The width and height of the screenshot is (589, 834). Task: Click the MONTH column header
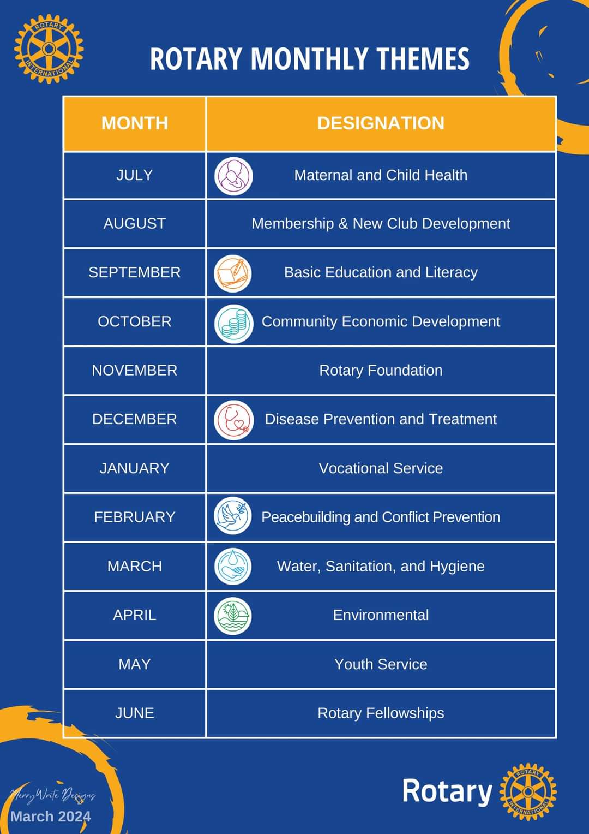click(x=134, y=123)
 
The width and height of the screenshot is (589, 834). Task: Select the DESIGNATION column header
click(x=381, y=123)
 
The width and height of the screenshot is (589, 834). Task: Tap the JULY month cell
click(x=134, y=175)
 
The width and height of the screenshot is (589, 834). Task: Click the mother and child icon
click(x=233, y=176)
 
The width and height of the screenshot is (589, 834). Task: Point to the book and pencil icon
click(x=232, y=273)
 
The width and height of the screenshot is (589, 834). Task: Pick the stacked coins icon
click(x=233, y=323)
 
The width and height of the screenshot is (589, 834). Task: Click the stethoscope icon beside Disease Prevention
click(x=233, y=420)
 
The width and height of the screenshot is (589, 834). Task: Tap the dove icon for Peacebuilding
click(x=232, y=516)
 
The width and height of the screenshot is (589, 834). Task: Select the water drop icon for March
click(x=232, y=567)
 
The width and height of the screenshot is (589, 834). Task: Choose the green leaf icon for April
click(x=232, y=616)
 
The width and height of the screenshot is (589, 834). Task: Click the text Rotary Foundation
click(x=381, y=371)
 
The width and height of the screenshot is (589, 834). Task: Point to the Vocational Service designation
click(x=381, y=468)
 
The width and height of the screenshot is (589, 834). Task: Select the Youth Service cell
click(x=381, y=664)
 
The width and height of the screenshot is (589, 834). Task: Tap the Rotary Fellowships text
click(x=381, y=713)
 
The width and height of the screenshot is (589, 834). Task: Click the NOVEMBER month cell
click(x=134, y=371)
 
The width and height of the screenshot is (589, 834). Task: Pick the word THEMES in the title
click(x=423, y=59)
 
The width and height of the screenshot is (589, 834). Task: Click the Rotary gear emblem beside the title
click(x=49, y=49)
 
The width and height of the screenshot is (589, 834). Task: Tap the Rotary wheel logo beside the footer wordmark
click(x=528, y=791)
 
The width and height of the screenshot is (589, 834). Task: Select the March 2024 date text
click(x=51, y=817)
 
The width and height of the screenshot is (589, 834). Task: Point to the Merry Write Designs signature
click(x=53, y=795)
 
